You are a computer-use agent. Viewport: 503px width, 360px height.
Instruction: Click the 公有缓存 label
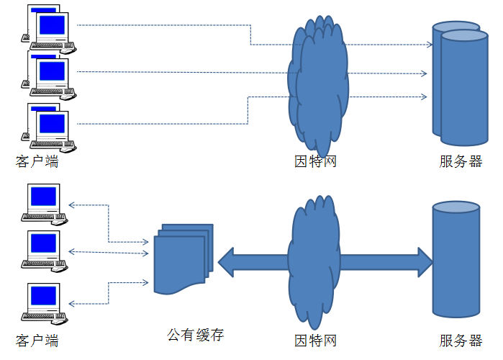196,336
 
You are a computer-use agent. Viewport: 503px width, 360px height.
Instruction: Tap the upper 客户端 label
37,161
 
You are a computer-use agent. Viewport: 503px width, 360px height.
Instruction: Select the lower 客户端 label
37,341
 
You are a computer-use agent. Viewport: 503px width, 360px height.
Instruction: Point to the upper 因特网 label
315,161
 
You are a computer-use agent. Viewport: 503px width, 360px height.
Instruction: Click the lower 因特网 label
315,341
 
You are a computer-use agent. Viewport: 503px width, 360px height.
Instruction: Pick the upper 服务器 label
461,161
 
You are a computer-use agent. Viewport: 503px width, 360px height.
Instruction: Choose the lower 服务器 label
461,341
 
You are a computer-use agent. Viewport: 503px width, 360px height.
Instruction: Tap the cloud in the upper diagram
317,83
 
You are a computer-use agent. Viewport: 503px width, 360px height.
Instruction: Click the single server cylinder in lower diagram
456,259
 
